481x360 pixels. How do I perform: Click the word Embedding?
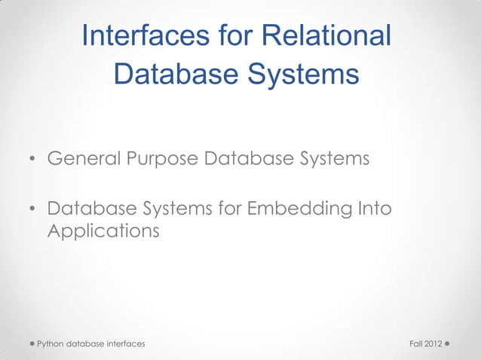[303, 207]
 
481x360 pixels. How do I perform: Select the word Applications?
[103, 231]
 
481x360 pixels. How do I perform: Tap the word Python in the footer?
[51, 344]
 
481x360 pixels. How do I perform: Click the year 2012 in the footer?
[434, 344]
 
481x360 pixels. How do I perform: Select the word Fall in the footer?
[415, 344]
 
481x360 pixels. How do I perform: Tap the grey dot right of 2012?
[448, 343]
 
